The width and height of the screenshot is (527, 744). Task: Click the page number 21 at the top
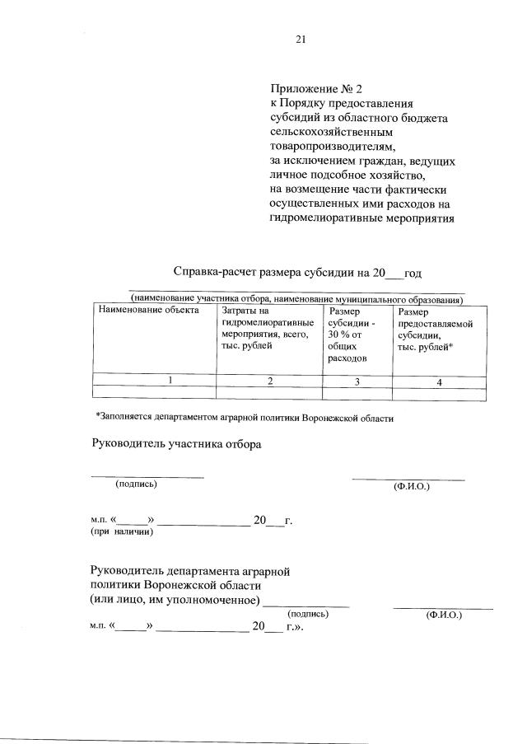point(301,36)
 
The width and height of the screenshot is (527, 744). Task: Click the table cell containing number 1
point(170,380)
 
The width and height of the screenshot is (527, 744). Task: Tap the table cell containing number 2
point(269,381)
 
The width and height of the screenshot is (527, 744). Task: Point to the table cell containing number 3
point(357,381)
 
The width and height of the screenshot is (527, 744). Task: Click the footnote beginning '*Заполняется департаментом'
point(245,418)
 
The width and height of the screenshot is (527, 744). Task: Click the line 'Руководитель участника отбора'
point(175,445)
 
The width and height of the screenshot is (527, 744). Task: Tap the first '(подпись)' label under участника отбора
point(137,484)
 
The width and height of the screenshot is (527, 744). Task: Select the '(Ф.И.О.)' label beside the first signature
point(413,486)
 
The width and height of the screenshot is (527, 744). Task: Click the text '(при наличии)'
point(122,531)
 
